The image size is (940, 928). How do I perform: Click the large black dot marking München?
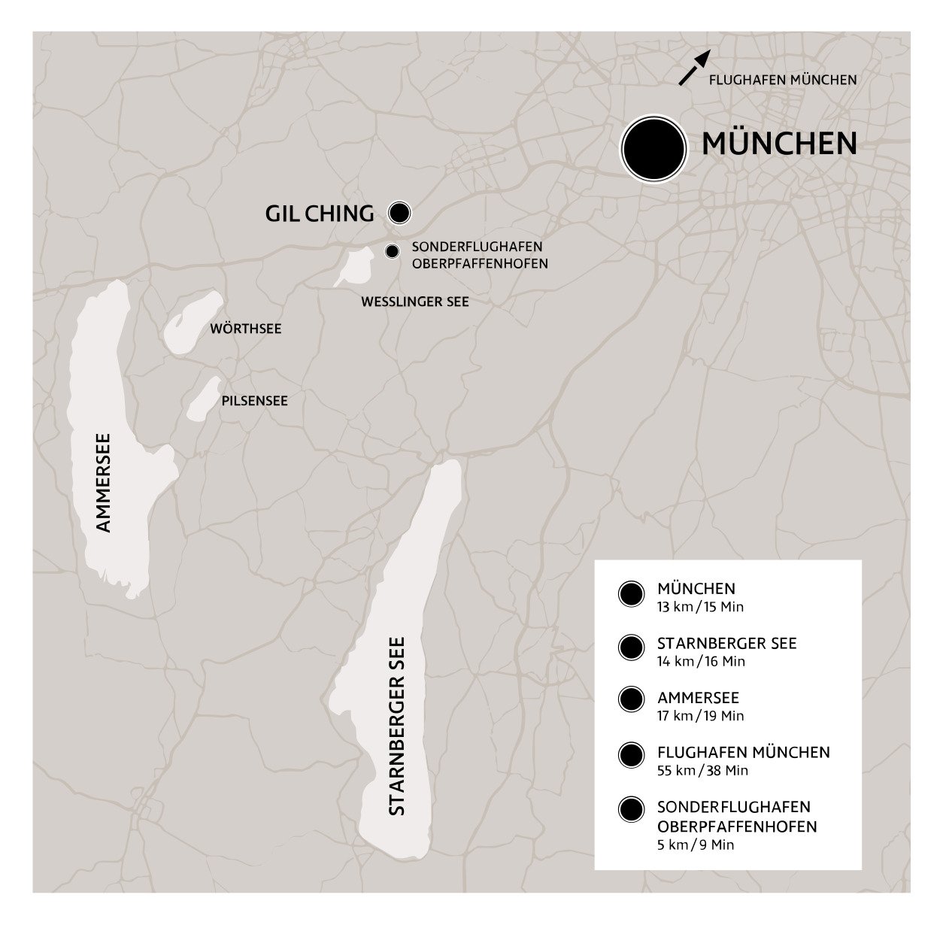[x=653, y=148]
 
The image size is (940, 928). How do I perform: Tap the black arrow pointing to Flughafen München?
[x=694, y=68]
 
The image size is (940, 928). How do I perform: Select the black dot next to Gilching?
[x=399, y=213]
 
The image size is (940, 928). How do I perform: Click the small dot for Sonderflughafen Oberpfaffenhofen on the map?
[x=391, y=251]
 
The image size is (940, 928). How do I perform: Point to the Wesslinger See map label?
[x=414, y=302]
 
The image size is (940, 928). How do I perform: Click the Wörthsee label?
[x=245, y=329]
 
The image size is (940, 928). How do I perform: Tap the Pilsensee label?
[x=254, y=401]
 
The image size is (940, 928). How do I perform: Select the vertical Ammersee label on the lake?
[x=104, y=482]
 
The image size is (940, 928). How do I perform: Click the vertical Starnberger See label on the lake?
[x=396, y=726]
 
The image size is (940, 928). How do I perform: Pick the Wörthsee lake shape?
[x=192, y=322]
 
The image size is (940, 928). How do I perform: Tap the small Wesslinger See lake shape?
[x=353, y=268]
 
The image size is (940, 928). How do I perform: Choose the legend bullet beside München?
[x=631, y=594]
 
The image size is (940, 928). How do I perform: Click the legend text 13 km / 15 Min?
[x=699, y=607]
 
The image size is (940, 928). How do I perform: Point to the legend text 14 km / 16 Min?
[x=701, y=662]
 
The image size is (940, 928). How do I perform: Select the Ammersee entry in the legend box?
[x=698, y=698]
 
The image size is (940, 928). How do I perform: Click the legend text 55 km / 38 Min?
[x=702, y=770]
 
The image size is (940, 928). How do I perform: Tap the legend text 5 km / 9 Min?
[x=695, y=845]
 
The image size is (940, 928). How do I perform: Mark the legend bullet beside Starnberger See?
[x=631, y=647]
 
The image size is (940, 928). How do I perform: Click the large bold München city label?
[x=779, y=144]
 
